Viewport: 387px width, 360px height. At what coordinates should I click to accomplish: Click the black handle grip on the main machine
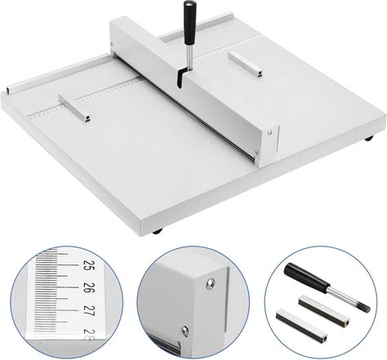[189, 23]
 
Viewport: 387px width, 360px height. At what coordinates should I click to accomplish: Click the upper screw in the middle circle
[210, 283]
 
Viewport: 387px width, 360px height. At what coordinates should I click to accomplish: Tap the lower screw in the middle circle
[185, 331]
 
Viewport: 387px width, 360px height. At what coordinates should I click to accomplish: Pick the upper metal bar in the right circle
[324, 310]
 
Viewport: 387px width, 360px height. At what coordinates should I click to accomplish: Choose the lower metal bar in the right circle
[301, 325]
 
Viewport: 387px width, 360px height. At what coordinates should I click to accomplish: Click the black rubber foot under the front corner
[158, 231]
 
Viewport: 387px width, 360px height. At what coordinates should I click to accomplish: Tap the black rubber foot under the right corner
[369, 139]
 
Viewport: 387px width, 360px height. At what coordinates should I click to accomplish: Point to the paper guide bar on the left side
[74, 108]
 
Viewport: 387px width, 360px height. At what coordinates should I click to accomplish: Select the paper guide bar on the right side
[245, 64]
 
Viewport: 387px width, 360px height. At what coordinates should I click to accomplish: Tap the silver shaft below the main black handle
[189, 57]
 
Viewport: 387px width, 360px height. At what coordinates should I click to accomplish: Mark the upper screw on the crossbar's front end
[269, 132]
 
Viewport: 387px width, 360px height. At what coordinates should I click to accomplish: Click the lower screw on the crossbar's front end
[256, 153]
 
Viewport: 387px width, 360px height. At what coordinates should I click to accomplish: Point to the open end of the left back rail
[9, 91]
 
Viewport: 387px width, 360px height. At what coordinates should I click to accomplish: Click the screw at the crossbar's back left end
[112, 43]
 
